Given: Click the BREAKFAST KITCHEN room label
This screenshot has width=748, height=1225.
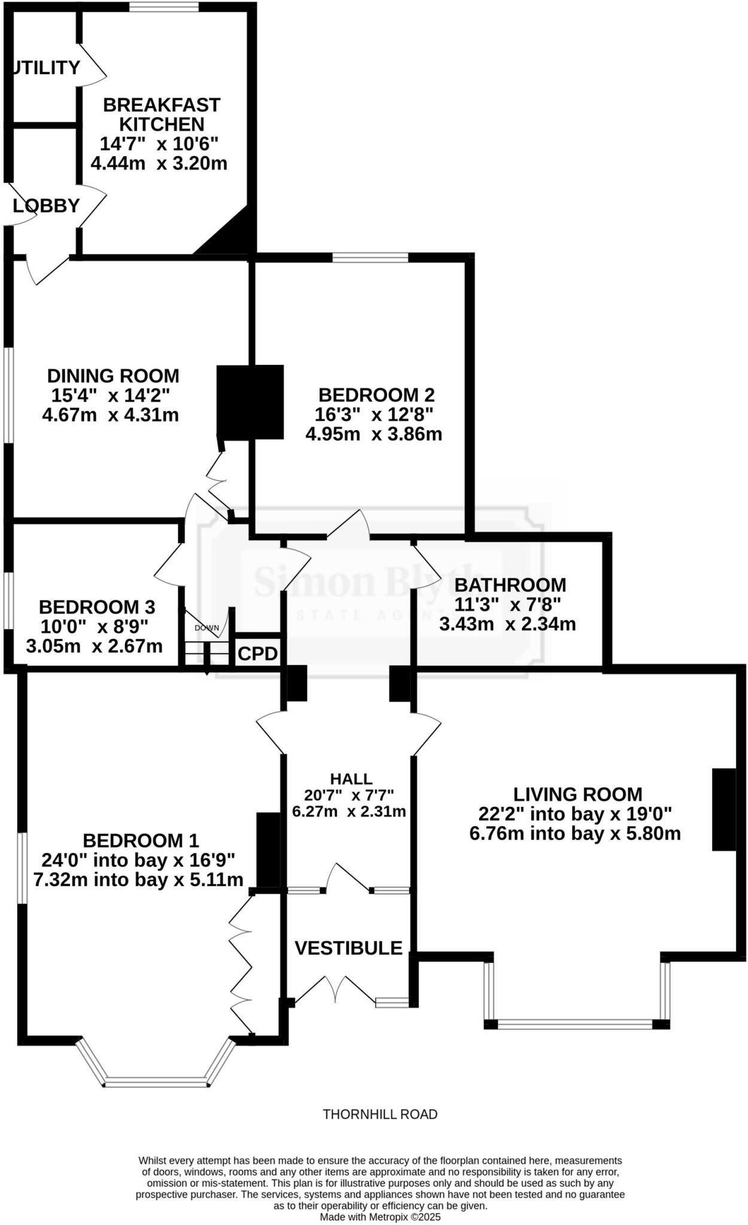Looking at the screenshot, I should pos(162,114).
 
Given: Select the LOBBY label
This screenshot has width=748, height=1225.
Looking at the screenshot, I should pos(47,206).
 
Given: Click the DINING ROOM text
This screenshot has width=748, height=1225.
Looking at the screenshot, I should pos(113,376).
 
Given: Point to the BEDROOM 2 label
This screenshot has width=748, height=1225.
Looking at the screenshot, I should pos(376,395).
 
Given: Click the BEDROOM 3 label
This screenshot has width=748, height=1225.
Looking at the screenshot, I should pos(97,607).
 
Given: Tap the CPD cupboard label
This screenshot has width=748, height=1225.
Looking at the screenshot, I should pos(257,654).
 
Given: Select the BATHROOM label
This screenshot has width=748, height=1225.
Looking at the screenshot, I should pos(510,584).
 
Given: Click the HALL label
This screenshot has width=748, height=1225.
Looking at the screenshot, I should pos(351,778).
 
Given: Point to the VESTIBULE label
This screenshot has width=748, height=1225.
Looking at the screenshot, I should pos(348,948).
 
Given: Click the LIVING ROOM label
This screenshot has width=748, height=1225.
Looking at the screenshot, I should pos(577,794).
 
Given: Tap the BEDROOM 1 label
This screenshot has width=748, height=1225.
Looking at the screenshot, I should pos(141,840).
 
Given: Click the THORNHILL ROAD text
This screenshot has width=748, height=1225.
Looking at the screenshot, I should pos(380,1114).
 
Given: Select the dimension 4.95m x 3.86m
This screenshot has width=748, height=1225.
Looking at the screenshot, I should pos(374,434).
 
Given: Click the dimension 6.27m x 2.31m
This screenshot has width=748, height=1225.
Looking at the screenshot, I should pos(349,811).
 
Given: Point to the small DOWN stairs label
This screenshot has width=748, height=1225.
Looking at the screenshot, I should pos(207,628).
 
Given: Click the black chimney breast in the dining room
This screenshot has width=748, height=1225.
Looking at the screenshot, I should pos(250,403).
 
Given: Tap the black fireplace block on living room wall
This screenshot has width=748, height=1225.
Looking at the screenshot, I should pos(723,809).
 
